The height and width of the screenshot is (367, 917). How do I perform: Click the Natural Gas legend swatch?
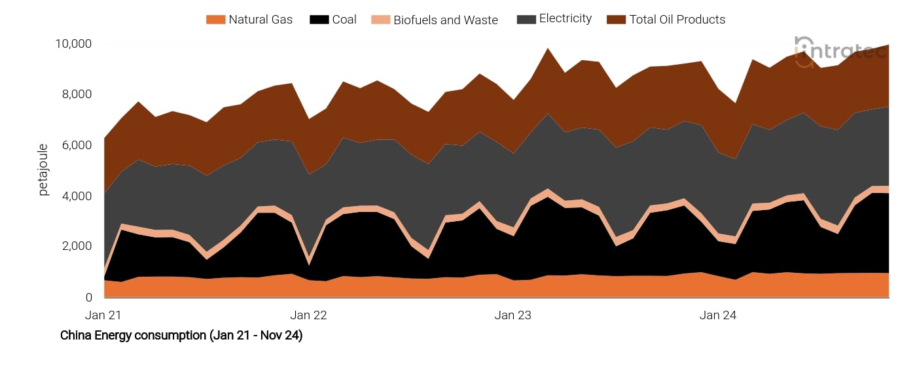point(215,20)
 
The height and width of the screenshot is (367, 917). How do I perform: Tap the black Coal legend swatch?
point(320,20)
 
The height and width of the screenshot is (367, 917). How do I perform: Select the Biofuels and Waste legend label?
point(446,20)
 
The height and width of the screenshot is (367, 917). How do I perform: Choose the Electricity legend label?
point(566,19)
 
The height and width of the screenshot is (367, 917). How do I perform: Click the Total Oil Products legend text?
point(677,20)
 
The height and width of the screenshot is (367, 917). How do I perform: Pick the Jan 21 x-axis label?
point(104,315)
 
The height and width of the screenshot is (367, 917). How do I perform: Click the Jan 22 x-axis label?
point(308,315)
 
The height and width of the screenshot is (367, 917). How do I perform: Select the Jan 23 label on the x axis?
point(513,315)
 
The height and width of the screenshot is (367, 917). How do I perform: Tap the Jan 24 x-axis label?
point(718,315)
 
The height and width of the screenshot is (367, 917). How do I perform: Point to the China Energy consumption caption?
point(181,336)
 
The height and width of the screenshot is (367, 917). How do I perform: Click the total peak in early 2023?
point(548,48)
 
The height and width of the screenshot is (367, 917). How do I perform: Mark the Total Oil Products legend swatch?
point(616,20)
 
